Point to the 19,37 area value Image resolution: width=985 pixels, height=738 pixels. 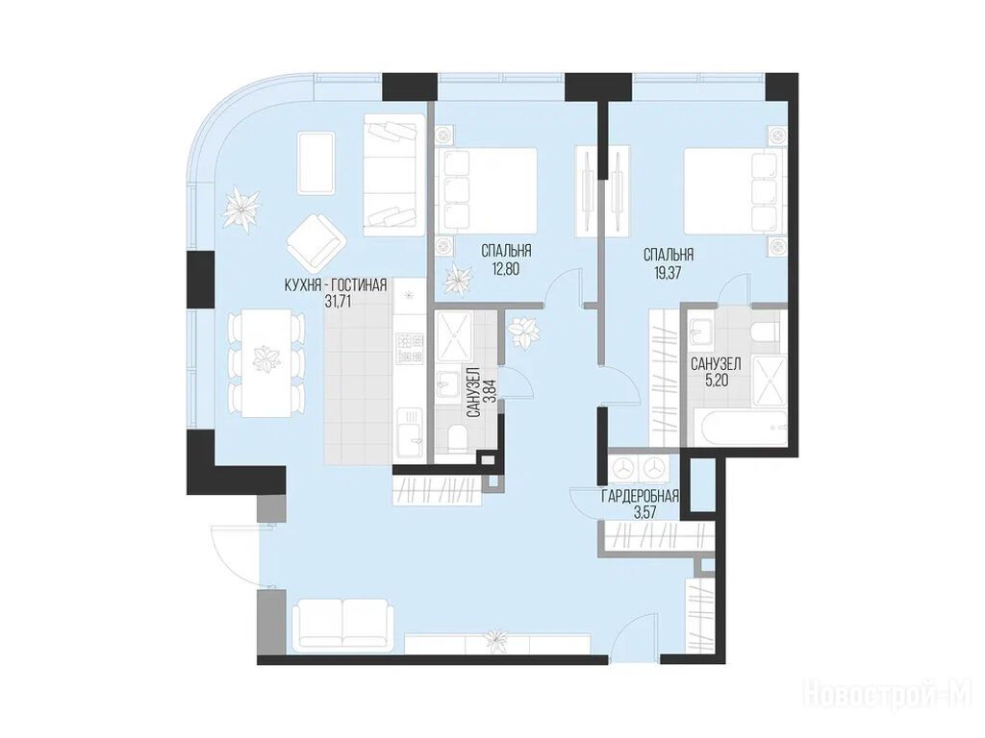668,272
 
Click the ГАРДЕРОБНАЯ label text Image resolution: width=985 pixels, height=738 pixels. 640,497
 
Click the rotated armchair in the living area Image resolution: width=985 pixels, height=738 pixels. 316,244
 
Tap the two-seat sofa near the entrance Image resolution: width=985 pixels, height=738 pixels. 343,623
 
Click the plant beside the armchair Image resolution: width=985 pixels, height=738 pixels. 241,208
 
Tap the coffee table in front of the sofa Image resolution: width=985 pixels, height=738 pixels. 316,161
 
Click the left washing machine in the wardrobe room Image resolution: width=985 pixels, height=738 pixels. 622,468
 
